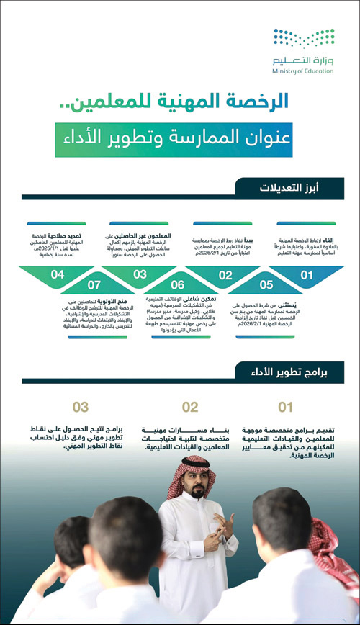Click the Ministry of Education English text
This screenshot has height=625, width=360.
(x=304, y=71)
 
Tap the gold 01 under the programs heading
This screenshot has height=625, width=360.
(x=286, y=408)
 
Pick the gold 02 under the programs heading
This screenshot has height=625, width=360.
(x=189, y=408)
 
